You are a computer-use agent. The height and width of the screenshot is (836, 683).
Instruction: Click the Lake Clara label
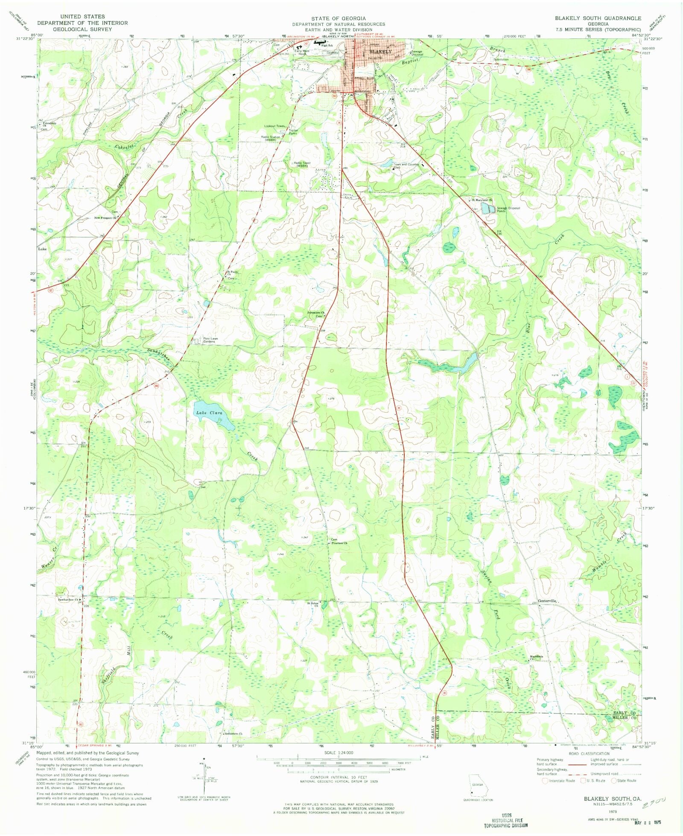coord(209,413)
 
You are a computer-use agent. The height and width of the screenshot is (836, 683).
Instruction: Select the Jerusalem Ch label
coord(316,313)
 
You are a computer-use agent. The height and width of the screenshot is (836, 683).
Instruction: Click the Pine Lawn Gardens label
coord(210,340)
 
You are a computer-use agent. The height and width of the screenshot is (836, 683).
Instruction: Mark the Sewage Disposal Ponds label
coord(508,210)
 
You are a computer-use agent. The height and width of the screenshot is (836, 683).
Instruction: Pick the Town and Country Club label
coord(406,166)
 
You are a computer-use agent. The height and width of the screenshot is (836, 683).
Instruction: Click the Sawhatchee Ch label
coord(68,600)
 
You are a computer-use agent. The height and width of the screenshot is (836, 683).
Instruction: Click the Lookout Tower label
coord(274,126)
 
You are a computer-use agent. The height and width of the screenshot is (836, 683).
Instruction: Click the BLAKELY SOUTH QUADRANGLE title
coord(598,18)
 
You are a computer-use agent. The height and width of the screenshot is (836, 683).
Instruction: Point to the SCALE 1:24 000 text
coord(339,752)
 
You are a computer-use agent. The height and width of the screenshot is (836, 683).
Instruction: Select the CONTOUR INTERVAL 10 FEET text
coord(339,778)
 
